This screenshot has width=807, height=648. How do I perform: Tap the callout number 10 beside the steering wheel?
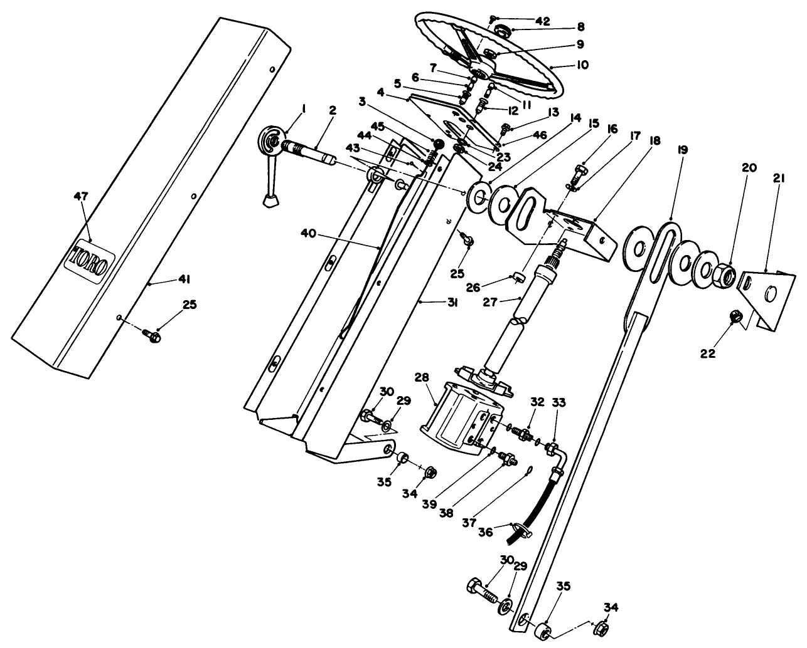pyautogui.click(x=582, y=65)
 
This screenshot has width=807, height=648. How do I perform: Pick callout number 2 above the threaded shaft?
pyautogui.click(x=332, y=111)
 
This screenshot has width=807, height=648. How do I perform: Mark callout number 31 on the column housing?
pyautogui.click(x=452, y=303)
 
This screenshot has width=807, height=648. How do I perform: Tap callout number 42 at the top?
pyautogui.click(x=542, y=20)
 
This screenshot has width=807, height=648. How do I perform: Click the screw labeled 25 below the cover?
pyautogui.click(x=151, y=336)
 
